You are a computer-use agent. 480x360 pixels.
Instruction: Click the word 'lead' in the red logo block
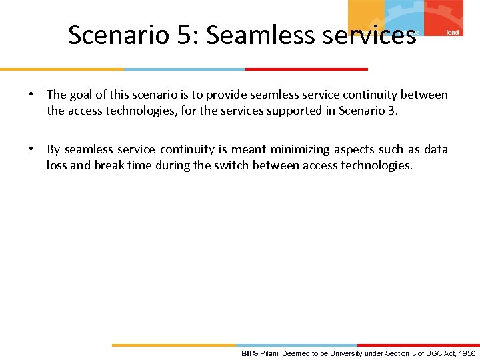click(x=452, y=32)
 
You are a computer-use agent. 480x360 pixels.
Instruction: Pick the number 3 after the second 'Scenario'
click(x=391, y=111)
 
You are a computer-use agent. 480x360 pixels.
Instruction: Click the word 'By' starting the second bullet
click(x=53, y=150)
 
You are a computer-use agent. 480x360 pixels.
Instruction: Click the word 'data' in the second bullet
click(x=436, y=150)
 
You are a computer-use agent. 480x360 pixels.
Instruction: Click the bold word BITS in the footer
click(x=249, y=353)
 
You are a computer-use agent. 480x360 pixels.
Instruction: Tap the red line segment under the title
click(x=306, y=69)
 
